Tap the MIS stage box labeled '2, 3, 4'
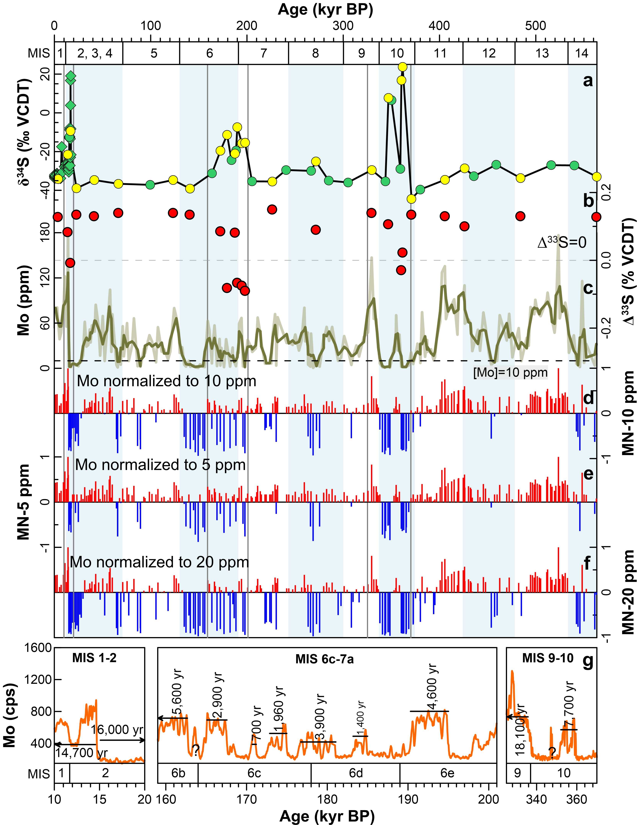point(94,53)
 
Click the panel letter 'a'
point(588,80)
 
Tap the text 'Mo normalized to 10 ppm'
point(166,381)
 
